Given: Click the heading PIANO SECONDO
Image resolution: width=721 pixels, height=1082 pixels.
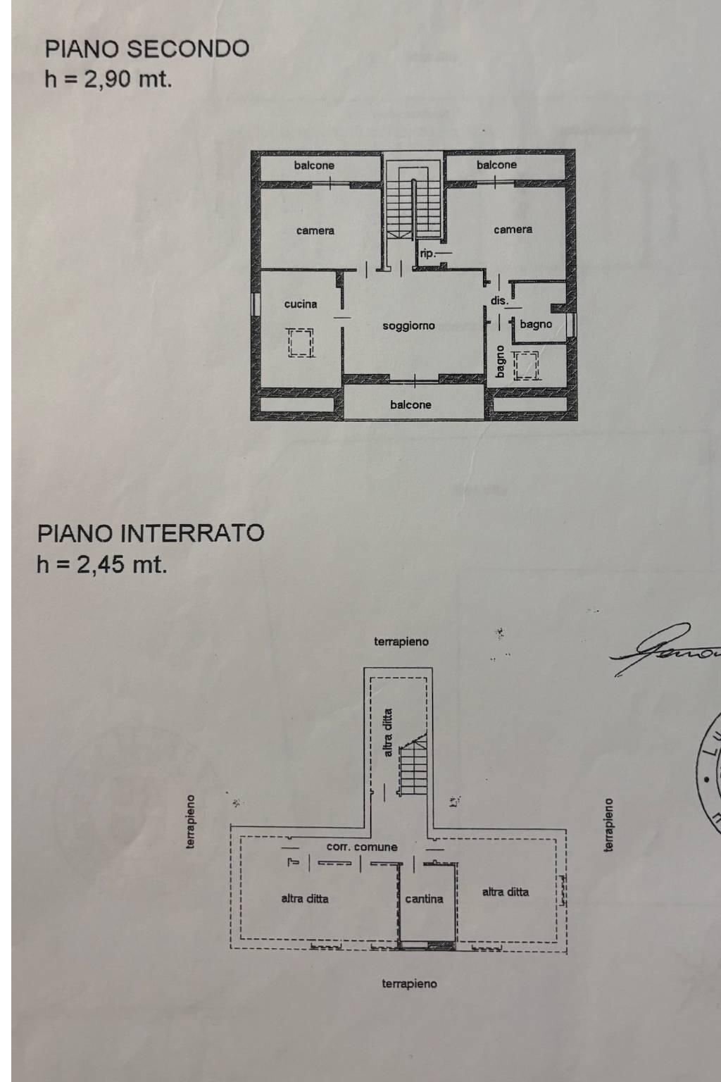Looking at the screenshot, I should click(x=146, y=49).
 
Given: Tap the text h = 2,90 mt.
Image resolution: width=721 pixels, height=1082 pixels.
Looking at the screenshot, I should click(x=108, y=79).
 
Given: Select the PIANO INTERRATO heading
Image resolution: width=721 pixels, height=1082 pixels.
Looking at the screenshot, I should click(x=150, y=533).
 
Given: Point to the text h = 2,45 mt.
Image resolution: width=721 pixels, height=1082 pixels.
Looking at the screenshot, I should click(x=102, y=564).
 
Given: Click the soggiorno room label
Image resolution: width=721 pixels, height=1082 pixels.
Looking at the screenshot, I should click(x=408, y=326).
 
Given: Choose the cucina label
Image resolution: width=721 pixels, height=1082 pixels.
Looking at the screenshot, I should click(x=301, y=304).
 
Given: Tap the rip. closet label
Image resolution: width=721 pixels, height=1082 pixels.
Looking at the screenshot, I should click(x=427, y=254).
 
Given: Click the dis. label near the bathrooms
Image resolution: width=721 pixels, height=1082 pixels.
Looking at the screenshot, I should click(x=499, y=301).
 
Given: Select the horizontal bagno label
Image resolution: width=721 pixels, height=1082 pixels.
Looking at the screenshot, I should click(x=536, y=325).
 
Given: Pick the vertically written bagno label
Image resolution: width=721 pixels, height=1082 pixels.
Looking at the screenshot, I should click(x=500, y=361).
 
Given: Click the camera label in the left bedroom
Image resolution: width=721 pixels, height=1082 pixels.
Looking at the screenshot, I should click(x=315, y=231).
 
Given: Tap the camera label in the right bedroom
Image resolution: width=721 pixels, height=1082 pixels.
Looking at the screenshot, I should click(x=513, y=230).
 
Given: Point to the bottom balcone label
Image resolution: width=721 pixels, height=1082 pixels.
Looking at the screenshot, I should click(x=410, y=405).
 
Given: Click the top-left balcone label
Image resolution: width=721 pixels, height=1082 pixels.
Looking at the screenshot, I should click(x=314, y=166).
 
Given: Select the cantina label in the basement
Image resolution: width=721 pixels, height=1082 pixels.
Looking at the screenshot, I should click(x=424, y=899).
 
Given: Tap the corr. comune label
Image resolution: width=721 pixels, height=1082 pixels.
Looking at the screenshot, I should click(x=362, y=847).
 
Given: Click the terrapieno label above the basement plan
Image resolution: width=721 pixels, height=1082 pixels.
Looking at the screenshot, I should click(x=401, y=642).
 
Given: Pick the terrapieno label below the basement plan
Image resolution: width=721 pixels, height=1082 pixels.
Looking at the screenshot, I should click(x=409, y=983).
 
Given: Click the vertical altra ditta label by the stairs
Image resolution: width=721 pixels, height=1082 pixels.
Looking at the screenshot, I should click(x=388, y=733).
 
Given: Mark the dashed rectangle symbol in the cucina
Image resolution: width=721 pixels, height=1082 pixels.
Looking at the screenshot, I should click(x=301, y=343).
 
